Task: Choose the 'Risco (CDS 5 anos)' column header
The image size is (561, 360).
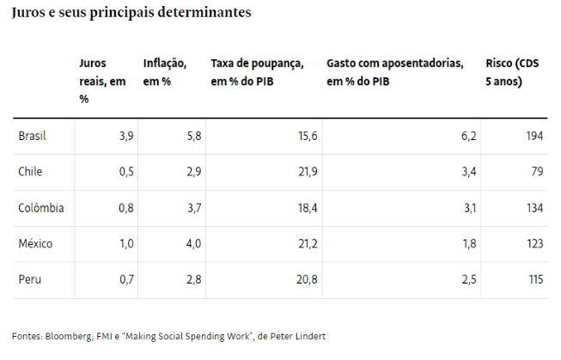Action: pos(515,72)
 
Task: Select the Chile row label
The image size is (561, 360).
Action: pos(30,172)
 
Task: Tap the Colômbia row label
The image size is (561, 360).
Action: pos(40,208)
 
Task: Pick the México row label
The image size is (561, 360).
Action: pos(35,244)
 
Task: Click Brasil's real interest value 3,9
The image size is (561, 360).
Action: pos(125,136)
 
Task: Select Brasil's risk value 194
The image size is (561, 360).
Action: pos(534,136)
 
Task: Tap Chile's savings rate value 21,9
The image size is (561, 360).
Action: pos(308,172)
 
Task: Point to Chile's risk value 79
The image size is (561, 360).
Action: pos(538,172)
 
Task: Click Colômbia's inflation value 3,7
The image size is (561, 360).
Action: pos(193,208)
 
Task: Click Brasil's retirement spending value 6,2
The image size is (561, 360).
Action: pos(469,136)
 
